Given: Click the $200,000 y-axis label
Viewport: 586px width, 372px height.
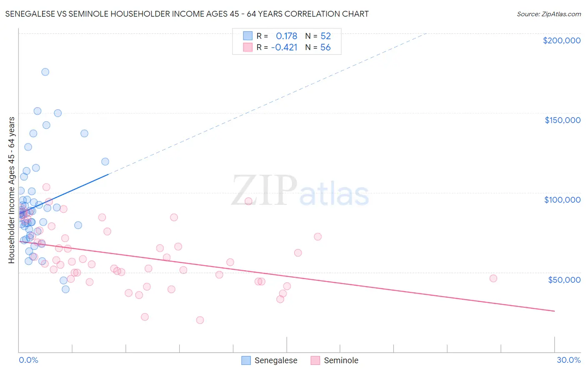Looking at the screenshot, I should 561,40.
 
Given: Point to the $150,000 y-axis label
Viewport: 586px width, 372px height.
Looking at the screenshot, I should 562,120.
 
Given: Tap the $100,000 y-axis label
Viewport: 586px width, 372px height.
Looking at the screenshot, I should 562,200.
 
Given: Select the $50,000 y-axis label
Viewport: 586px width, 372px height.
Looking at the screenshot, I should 564,279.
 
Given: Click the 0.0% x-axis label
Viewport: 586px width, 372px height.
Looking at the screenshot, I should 28,360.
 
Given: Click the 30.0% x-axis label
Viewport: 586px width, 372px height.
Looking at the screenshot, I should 568,360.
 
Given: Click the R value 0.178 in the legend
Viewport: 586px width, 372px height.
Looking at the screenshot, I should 286,36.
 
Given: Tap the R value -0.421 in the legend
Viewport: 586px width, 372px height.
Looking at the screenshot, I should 284,47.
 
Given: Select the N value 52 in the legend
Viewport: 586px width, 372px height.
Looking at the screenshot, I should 326,36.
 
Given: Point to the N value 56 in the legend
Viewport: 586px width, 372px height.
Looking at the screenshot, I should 326,47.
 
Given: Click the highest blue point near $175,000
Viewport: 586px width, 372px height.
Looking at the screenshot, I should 45,72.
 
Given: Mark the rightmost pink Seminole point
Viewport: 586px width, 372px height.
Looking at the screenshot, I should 493,278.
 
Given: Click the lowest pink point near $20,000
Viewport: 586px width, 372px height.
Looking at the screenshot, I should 200,320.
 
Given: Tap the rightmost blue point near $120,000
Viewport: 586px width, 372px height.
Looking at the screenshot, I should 105,161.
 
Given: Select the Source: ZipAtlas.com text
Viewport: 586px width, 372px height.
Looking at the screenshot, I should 548,14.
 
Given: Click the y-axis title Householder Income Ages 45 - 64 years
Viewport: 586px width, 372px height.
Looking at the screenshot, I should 12,190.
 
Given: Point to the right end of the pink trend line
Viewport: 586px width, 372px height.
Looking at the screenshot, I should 554,311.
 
